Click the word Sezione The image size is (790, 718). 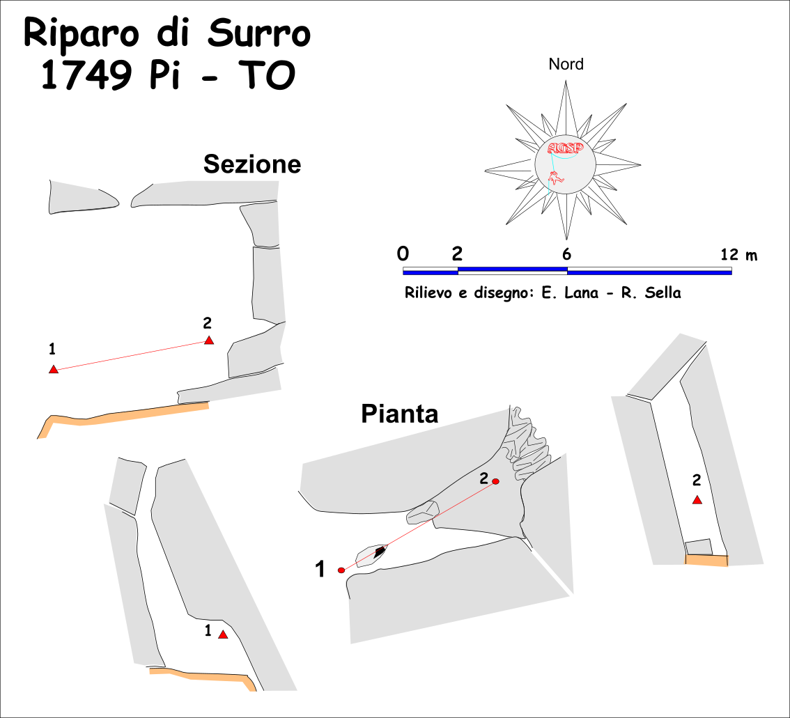[252, 164]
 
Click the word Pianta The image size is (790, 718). [399, 414]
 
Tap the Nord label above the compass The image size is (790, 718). [566, 65]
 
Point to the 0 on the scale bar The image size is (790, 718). [403, 253]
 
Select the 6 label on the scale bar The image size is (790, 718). [567, 254]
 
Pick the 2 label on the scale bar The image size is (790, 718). [458, 253]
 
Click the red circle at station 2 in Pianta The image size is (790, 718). [496, 482]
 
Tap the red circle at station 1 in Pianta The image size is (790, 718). [341, 570]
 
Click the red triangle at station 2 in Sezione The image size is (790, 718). [208, 340]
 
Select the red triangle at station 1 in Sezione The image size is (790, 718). [54, 369]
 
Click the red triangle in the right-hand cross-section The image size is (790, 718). [697, 500]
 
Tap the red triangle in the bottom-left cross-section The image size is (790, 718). [223, 634]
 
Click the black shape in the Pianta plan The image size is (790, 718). [380, 552]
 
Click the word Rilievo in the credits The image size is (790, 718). [427, 293]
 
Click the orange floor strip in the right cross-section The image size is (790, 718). [706, 560]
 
